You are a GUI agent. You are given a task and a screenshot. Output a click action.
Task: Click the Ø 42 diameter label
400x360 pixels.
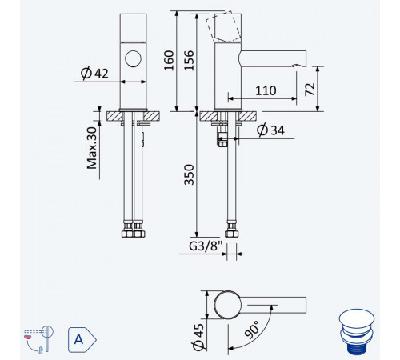point(94,73)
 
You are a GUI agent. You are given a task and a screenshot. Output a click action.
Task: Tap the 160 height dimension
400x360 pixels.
point(169,61)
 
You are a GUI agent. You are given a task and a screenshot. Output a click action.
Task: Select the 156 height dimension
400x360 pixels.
point(189,61)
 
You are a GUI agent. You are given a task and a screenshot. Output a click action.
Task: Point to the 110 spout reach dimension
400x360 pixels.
point(266,90)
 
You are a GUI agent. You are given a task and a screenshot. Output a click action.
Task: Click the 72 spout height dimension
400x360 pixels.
point(310,90)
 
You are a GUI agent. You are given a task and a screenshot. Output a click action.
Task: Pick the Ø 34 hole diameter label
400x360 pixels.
point(270,130)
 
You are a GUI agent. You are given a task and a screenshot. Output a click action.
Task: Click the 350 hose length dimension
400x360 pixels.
point(189,174)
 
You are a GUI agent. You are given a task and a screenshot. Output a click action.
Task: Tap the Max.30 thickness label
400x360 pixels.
point(92,148)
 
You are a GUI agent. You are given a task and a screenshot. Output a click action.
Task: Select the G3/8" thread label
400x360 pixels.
point(206,246)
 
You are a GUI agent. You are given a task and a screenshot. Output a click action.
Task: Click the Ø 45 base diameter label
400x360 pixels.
point(198,337)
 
